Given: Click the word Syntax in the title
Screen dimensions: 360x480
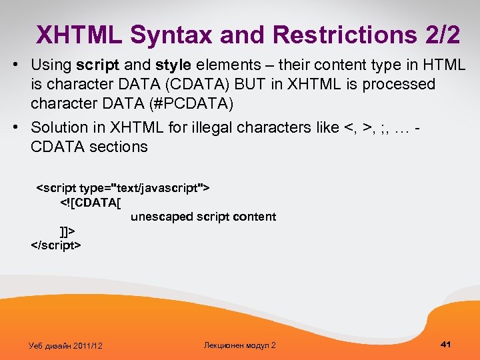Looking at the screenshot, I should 169,35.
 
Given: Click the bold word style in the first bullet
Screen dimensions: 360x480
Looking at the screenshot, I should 175,65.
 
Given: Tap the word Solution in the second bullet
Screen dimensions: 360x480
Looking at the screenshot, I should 59,127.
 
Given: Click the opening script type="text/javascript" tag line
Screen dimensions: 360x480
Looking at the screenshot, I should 123,189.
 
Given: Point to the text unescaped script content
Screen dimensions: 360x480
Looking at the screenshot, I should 203,217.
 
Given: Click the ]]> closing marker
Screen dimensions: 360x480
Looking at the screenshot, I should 67,231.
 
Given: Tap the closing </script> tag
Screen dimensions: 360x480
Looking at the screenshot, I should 56,245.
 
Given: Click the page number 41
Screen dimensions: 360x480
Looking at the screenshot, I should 446,344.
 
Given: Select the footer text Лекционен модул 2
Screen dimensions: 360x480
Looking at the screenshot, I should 239,345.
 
